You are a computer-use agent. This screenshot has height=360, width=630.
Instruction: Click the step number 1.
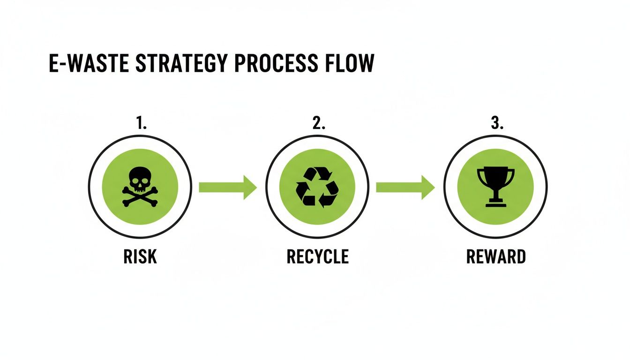[141, 124]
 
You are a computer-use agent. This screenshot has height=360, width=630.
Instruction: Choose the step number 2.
[318, 124]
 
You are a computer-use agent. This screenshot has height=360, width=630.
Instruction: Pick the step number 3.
[496, 124]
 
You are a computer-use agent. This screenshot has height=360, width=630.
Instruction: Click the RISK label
[140, 256]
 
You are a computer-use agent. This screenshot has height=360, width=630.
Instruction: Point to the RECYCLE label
[317, 256]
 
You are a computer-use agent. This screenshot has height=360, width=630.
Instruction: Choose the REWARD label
[496, 256]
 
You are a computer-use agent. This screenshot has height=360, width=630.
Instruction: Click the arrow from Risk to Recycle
[228, 187]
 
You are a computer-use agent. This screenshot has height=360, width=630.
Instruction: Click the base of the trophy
[495, 204]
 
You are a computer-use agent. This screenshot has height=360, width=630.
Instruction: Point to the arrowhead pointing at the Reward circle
[427, 187]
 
